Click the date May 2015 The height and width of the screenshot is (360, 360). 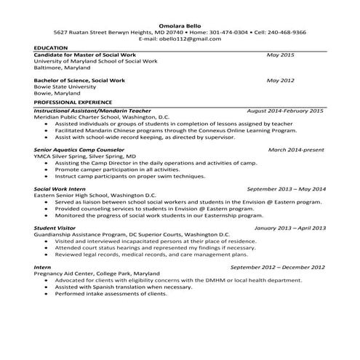(x=280, y=55)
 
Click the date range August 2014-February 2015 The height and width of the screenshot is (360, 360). (x=285, y=111)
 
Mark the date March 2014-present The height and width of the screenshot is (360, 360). (x=296, y=149)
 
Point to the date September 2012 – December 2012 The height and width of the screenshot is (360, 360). (x=278, y=267)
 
